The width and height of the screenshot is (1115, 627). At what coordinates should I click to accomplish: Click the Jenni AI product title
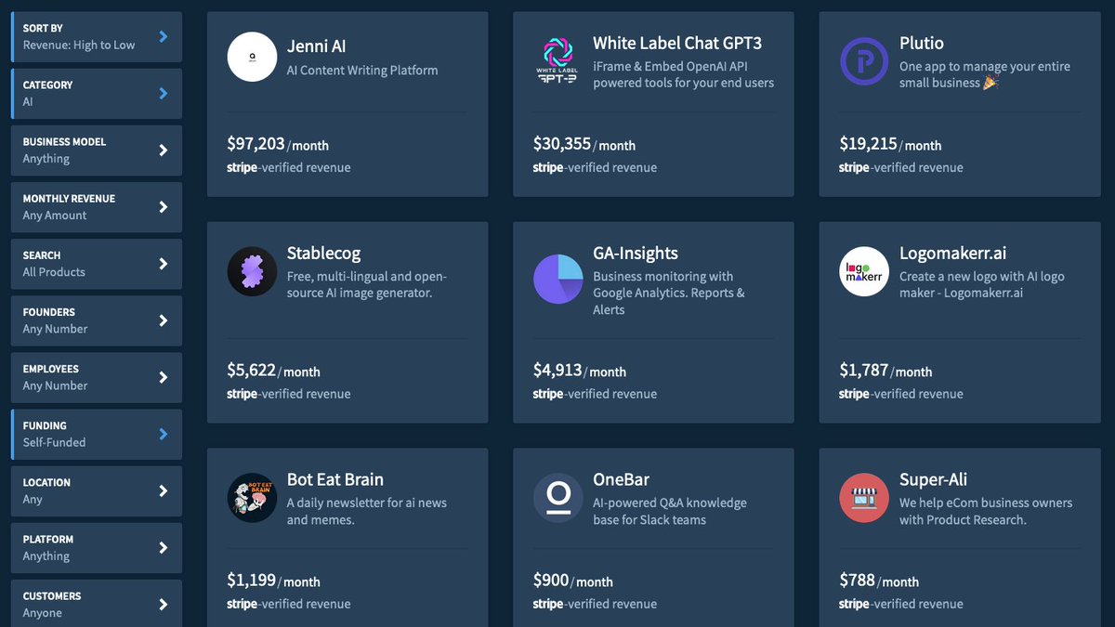[x=316, y=46]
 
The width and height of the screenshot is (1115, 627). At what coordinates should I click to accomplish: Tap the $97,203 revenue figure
[x=256, y=144]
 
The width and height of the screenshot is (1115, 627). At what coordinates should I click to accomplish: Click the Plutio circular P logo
[x=864, y=61]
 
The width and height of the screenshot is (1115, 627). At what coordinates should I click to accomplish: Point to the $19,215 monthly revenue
[x=868, y=144]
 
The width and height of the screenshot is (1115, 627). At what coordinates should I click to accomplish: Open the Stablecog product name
[x=323, y=254]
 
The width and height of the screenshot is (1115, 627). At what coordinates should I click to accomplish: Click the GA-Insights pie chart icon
[x=558, y=279]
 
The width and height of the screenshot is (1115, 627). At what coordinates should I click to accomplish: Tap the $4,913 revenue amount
[x=557, y=371]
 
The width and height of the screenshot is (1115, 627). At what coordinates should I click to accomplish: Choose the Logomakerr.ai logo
[x=864, y=271]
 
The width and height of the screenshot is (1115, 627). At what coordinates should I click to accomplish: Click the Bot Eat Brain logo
[x=252, y=498]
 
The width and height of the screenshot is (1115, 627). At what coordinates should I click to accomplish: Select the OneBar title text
[x=621, y=480]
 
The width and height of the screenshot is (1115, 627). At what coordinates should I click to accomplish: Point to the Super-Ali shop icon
[x=864, y=498]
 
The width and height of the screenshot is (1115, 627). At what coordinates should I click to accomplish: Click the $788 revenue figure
[x=857, y=581]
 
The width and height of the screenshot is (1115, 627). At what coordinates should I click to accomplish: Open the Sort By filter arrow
[x=164, y=36]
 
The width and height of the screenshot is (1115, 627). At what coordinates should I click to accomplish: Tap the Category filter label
[x=47, y=85]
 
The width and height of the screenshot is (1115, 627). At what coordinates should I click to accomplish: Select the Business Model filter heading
[x=64, y=142]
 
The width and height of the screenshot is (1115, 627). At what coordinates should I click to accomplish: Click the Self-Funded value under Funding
[x=54, y=443]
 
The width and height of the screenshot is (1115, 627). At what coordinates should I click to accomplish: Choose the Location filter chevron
[x=164, y=490]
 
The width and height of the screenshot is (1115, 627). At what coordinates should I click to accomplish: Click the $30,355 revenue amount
[x=562, y=144]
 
